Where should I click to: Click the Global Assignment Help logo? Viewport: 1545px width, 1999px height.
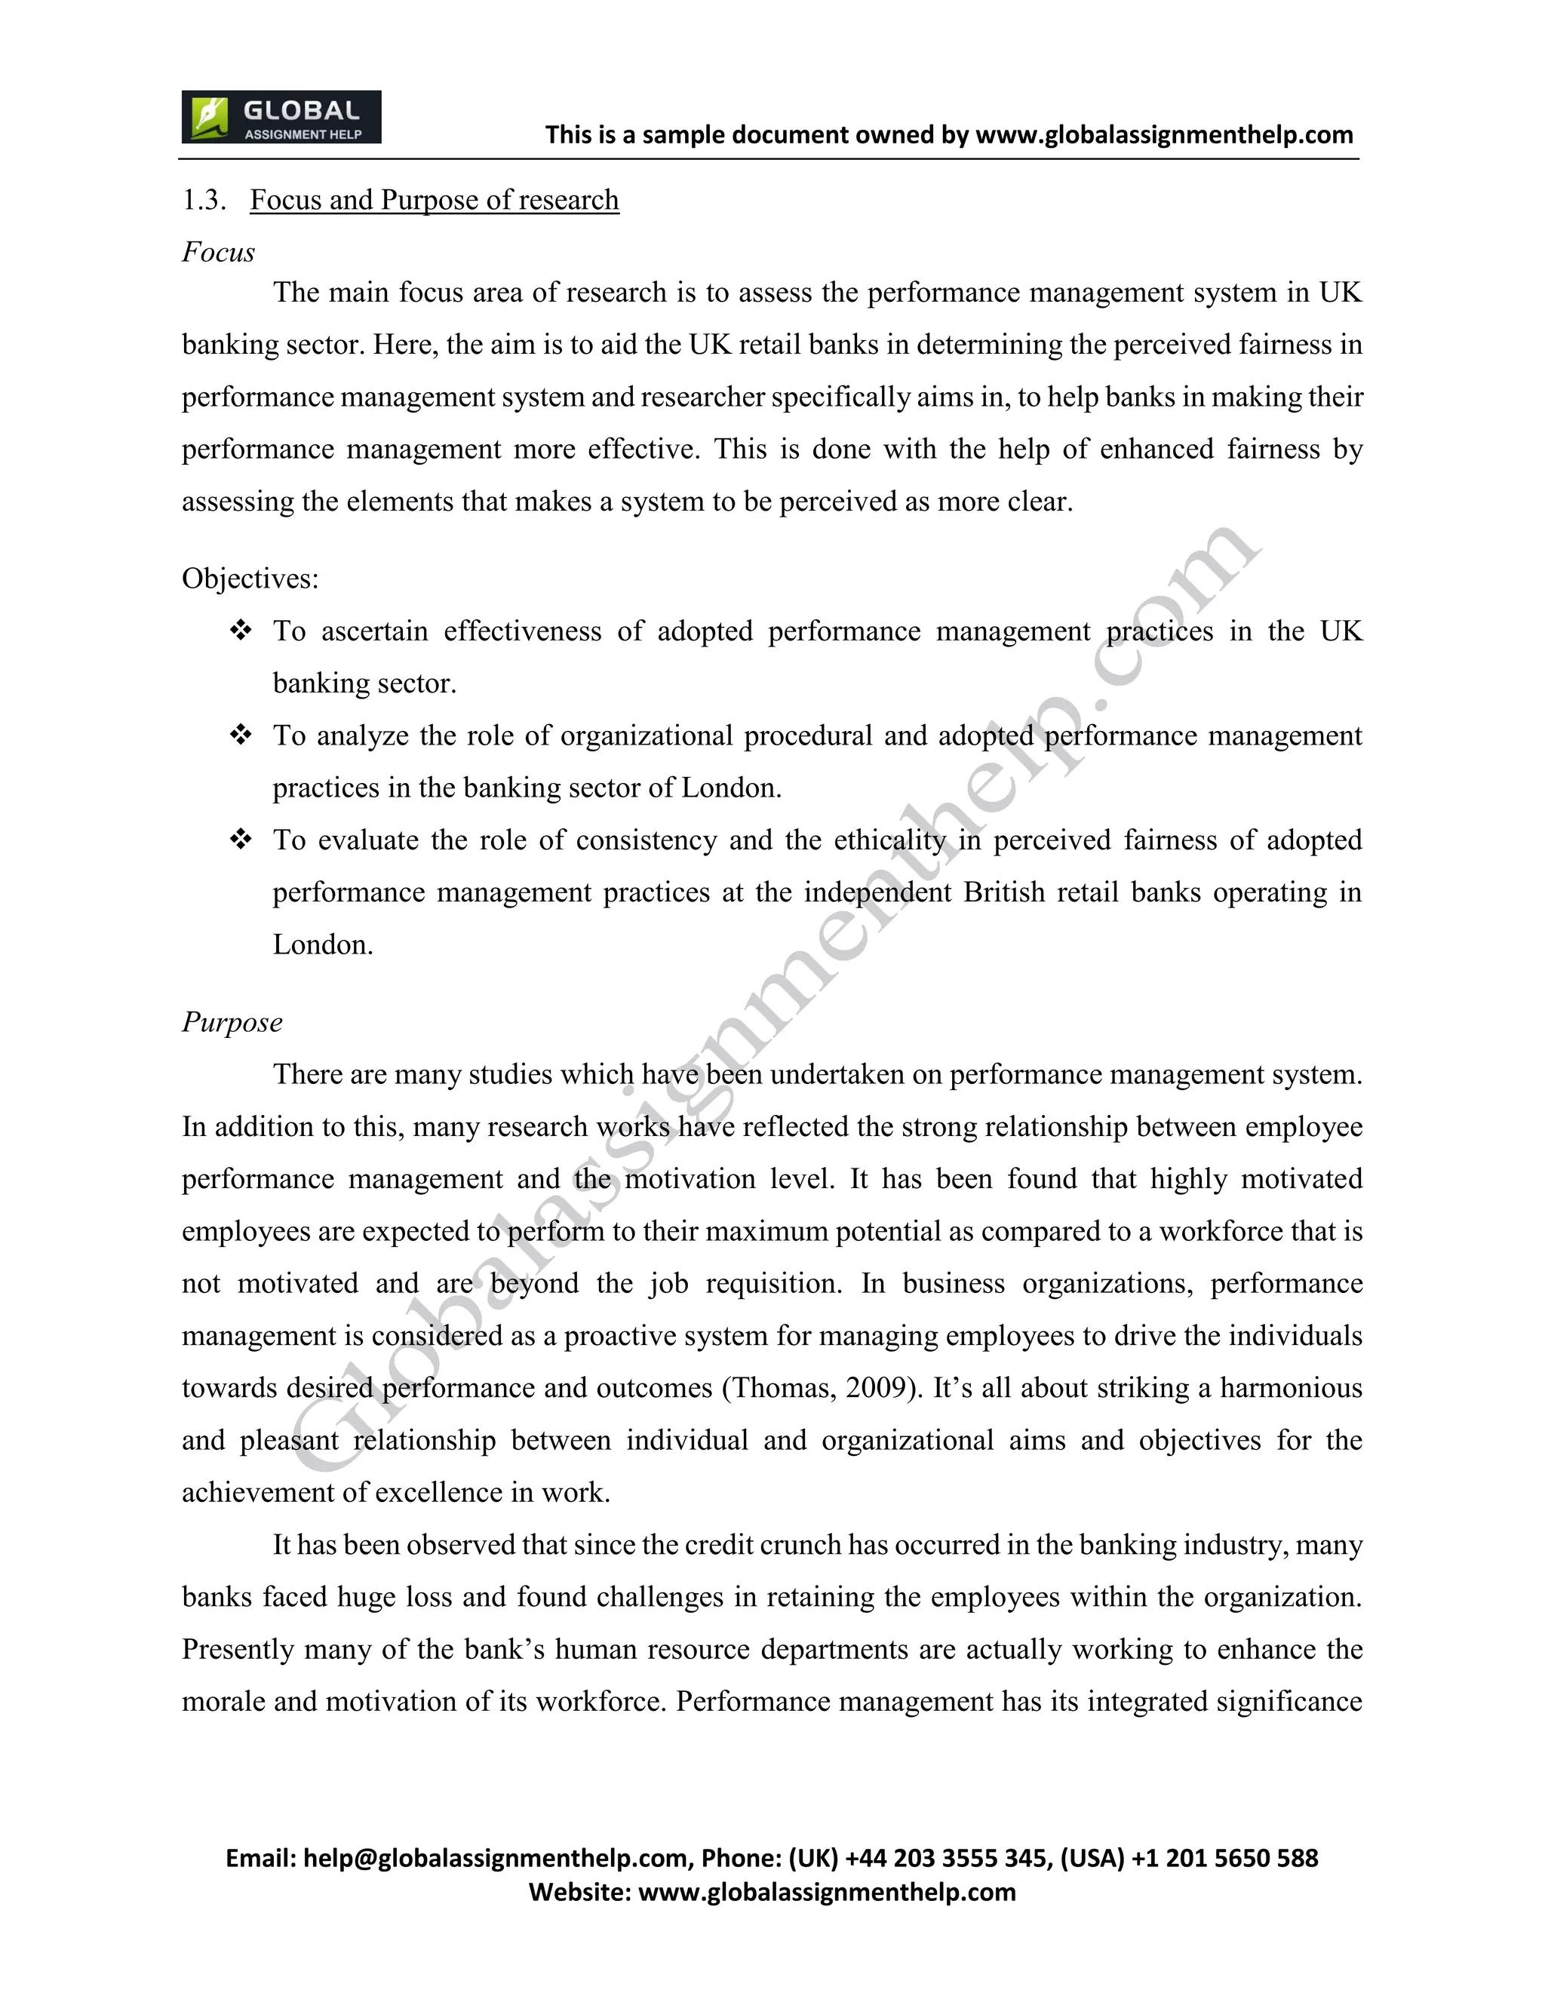[x=281, y=117]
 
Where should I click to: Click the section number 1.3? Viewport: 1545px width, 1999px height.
[x=203, y=200]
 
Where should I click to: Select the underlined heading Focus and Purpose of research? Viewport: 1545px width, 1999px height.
[x=434, y=200]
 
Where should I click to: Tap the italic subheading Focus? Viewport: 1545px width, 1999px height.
[x=218, y=252]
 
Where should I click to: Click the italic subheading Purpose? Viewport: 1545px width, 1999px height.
[x=232, y=1021]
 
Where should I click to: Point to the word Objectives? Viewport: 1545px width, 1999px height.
[x=250, y=579]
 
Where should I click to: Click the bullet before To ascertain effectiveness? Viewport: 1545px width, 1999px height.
[x=241, y=631]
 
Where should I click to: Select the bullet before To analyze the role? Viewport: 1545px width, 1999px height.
[x=241, y=735]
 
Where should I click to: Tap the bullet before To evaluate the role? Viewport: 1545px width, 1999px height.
[x=241, y=840]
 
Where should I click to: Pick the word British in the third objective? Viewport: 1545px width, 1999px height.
[x=1004, y=892]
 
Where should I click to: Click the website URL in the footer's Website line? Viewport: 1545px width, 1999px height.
[x=827, y=1892]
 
